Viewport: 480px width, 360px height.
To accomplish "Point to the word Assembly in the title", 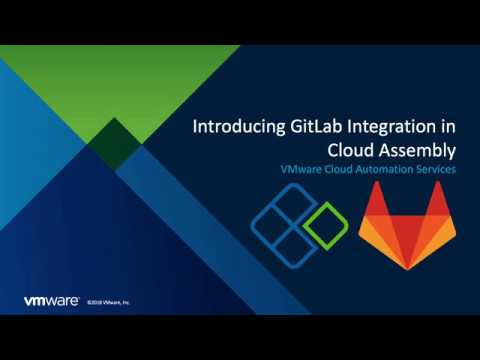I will [x=418, y=151].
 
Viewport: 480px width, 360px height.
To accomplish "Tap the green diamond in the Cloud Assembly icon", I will [x=326, y=218].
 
